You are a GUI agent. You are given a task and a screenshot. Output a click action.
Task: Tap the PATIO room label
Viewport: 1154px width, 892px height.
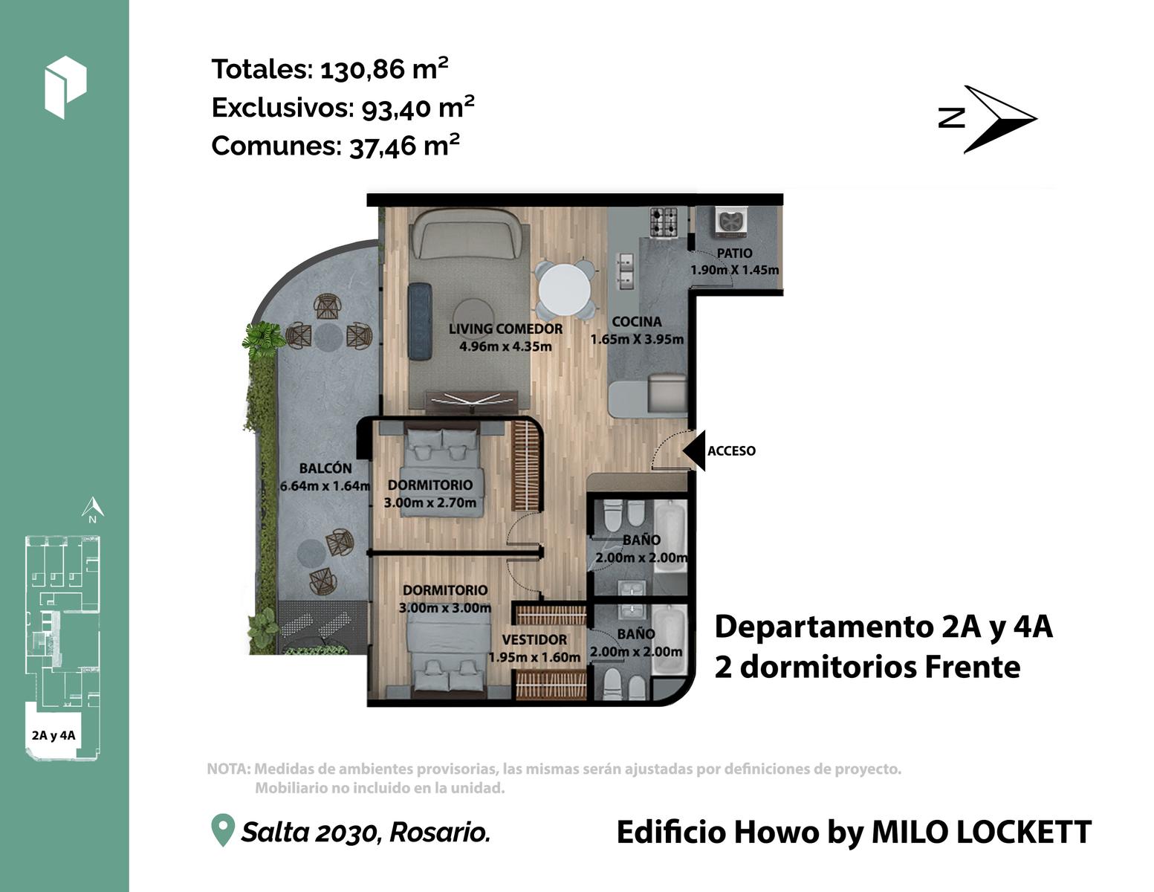click(x=734, y=253)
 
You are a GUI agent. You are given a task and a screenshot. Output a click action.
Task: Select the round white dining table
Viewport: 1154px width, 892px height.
click(x=564, y=291)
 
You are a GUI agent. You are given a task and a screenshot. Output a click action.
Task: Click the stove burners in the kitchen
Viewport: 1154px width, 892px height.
click(x=664, y=222)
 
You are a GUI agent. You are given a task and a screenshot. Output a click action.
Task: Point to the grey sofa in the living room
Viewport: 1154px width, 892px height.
click(x=470, y=233)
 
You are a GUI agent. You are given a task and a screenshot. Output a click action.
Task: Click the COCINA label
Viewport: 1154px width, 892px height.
click(x=637, y=322)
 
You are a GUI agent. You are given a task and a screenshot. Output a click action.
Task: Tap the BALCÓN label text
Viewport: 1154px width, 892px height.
click(x=325, y=468)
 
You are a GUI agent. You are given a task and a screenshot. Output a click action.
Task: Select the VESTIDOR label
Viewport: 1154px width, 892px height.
click(x=534, y=640)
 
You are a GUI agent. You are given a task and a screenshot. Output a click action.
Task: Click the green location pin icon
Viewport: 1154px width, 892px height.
click(x=223, y=830)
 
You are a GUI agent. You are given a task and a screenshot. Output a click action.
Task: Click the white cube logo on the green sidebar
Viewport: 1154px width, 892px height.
click(x=66, y=87)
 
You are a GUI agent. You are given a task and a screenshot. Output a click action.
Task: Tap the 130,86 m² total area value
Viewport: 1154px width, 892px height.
click(x=384, y=68)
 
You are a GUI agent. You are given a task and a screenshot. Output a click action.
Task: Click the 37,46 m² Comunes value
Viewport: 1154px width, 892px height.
click(x=404, y=146)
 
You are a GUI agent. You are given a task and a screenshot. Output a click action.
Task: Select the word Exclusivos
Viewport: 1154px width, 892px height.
click(x=282, y=107)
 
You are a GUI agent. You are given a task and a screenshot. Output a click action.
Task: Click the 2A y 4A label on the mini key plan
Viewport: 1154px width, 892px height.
click(x=54, y=735)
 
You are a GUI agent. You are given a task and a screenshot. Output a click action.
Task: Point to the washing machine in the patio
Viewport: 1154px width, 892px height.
click(x=731, y=221)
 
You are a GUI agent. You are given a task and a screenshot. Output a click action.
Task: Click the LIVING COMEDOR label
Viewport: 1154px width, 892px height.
click(x=505, y=329)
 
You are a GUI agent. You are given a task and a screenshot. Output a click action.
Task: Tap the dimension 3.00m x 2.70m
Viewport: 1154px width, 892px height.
click(x=430, y=502)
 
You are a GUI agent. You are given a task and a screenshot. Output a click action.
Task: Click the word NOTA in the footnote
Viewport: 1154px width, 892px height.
click(x=227, y=769)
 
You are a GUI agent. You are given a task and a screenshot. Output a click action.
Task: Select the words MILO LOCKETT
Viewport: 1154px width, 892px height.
click(x=982, y=832)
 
